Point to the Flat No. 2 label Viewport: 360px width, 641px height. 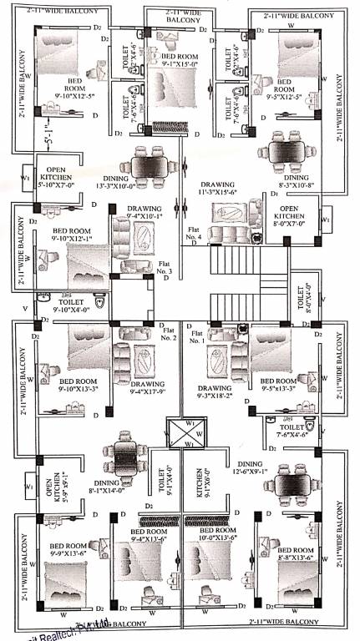(168, 334)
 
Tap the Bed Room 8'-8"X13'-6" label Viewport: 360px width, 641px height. (292, 556)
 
